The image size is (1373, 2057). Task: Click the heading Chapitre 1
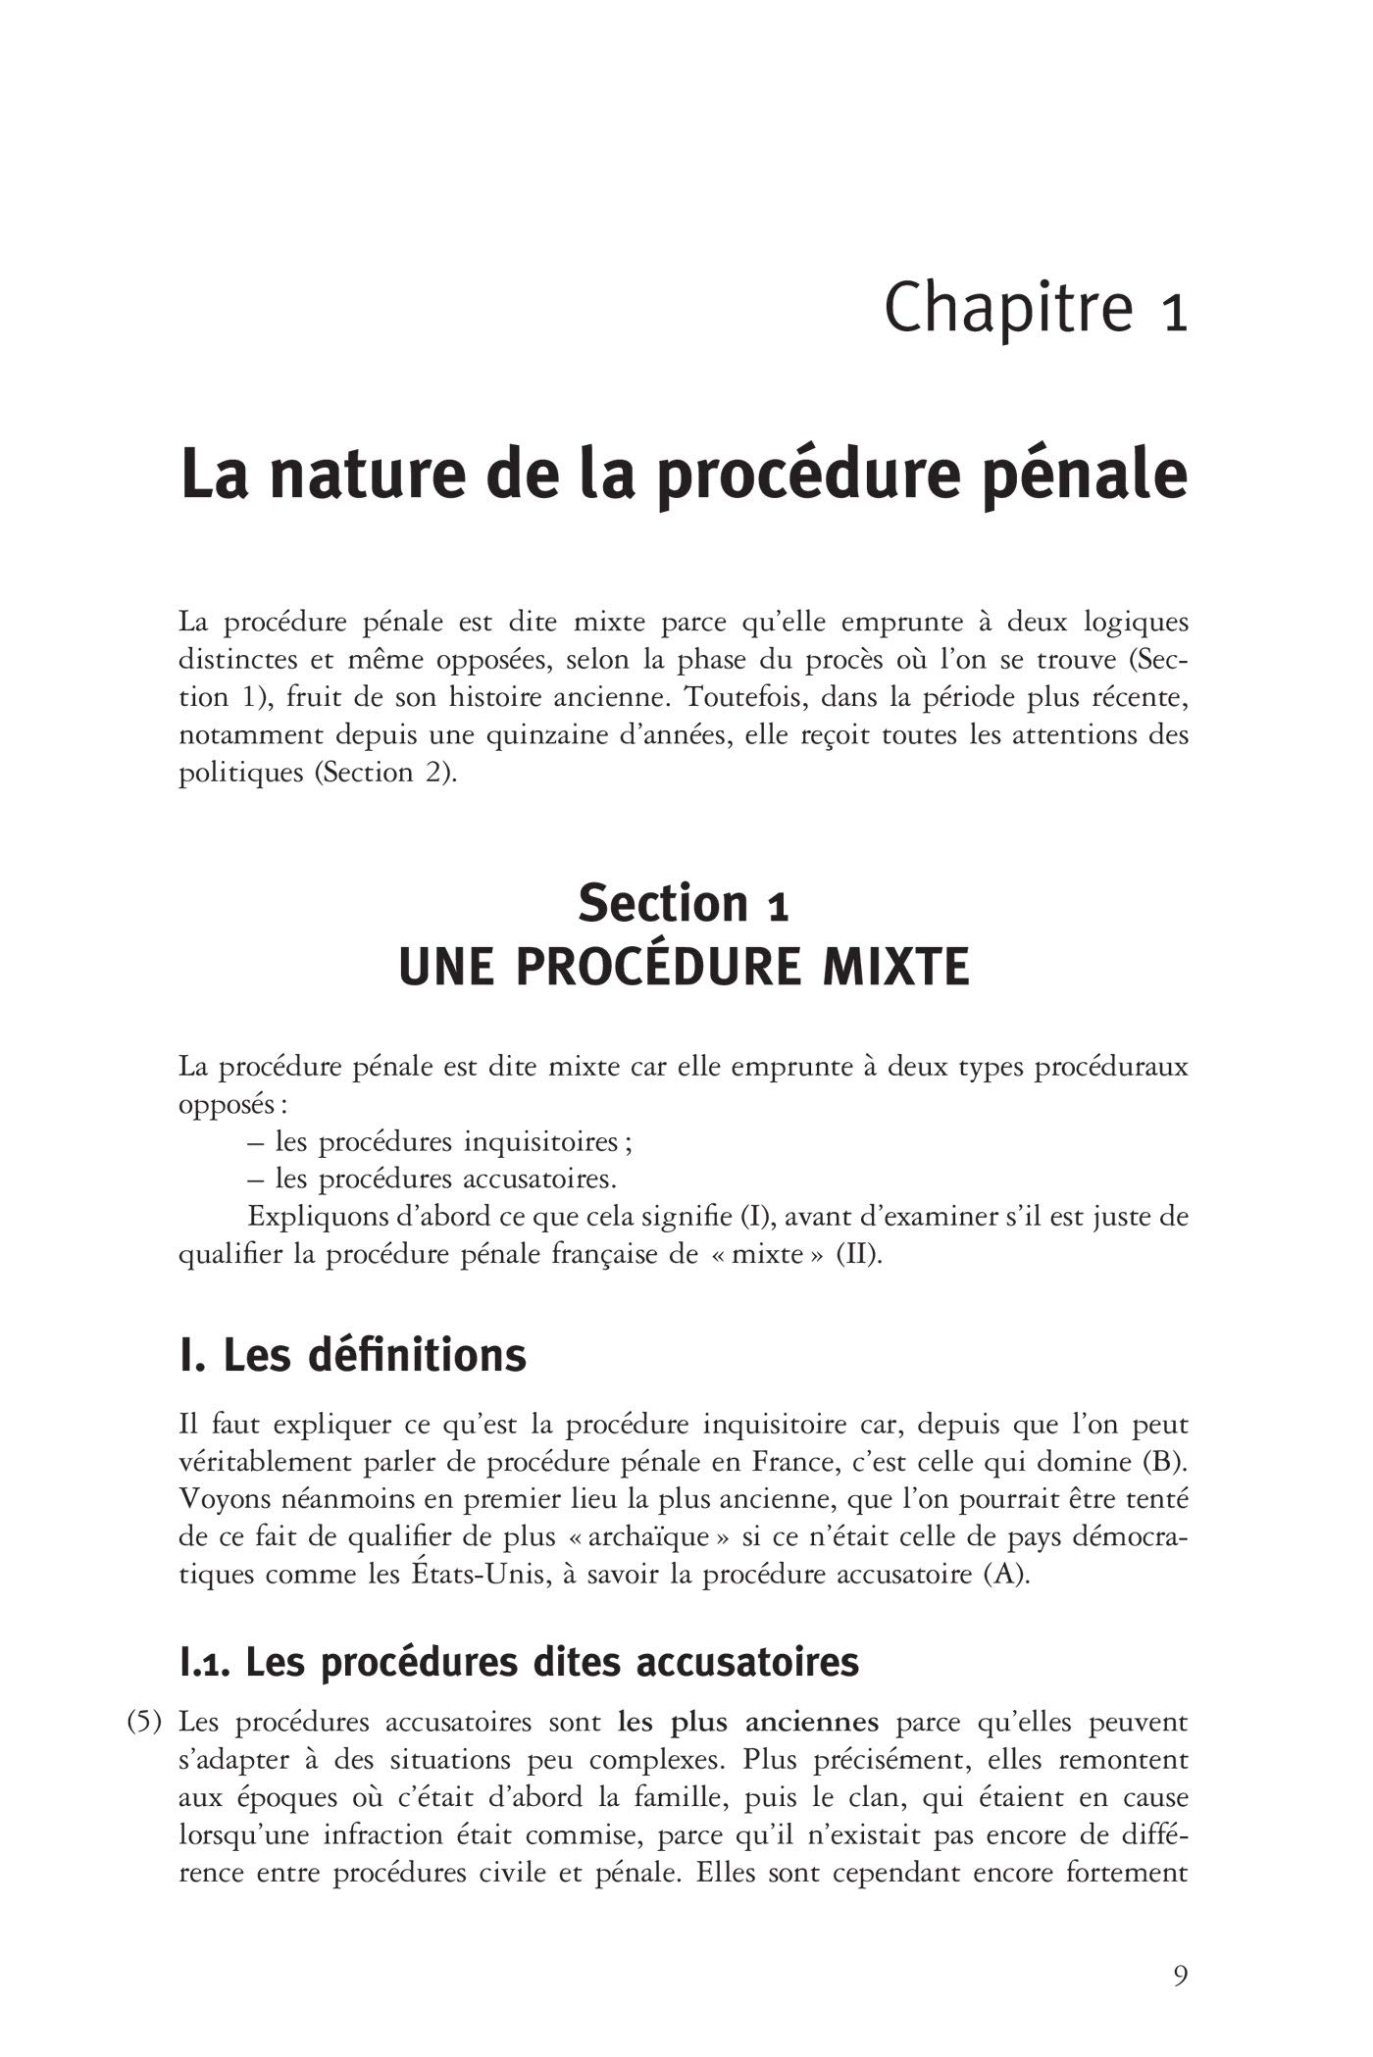click(x=1036, y=308)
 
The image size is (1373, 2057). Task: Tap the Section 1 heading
click(x=684, y=903)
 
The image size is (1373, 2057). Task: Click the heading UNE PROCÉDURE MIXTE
click(x=684, y=968)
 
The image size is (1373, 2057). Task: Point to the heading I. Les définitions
click(x=353, y=1356)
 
